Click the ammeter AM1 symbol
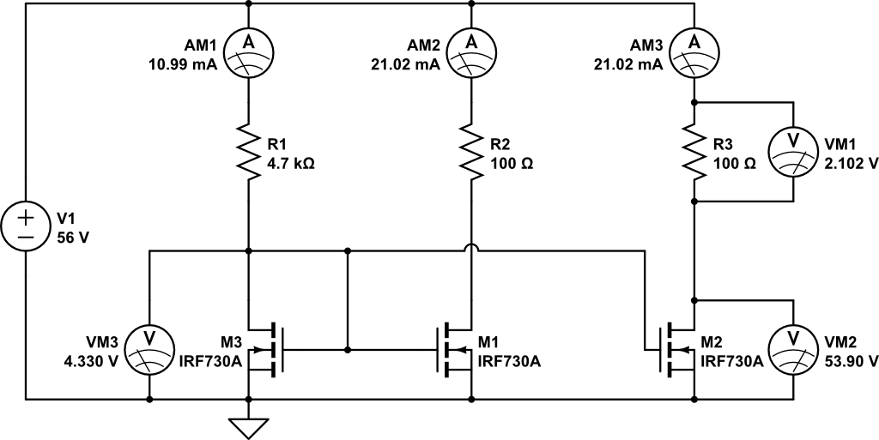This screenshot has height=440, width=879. tap(248, 53)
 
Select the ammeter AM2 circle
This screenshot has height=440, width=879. tap(471, 53)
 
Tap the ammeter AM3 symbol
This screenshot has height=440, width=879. tap(694, 53)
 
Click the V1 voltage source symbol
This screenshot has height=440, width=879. tap(26, 225)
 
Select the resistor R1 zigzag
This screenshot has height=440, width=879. tap(248, 152)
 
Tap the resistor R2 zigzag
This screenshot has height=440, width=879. tap(471, 152)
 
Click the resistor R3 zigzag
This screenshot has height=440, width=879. tap(694, 152)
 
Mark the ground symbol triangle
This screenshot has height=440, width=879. tap(248, 425)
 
